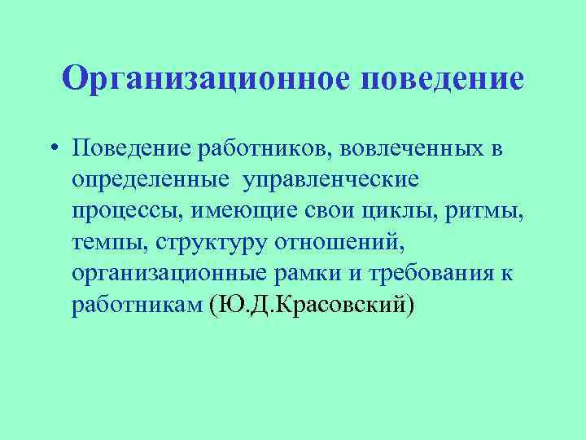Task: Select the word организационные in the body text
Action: pyautogui.click(x=181, y=272)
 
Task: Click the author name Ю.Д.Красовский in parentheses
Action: pyautogui.click(x=312, y=303)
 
